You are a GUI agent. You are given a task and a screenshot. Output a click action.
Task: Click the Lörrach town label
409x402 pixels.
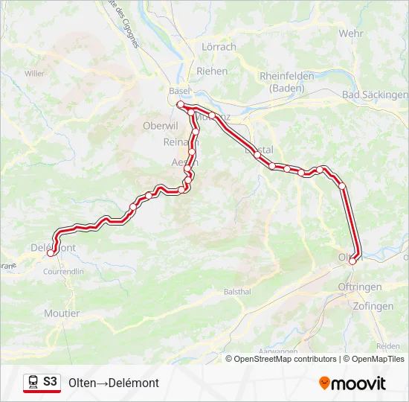tap(219, 47)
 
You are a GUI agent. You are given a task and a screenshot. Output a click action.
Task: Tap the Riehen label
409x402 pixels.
tap(212, 71)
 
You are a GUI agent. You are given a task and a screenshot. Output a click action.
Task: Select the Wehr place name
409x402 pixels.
tap(350, 33)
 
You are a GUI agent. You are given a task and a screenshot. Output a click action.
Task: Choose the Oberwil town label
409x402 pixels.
tap(158, 126)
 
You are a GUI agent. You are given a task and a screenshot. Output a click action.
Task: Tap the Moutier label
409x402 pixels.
tap(62, 313)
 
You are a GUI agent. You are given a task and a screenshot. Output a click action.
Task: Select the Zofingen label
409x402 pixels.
tap(374, 306)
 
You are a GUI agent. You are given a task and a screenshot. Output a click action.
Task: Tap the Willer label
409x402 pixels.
tap(34, 73)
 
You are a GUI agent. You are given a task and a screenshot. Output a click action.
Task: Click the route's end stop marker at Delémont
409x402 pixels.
tap(51, 253)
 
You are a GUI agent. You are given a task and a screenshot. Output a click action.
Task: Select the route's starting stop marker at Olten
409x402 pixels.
tap(352, 261)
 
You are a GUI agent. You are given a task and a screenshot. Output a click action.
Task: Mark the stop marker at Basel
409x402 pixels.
tap(180, 104)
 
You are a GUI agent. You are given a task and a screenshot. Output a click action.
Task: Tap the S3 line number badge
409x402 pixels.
tap(50, 382)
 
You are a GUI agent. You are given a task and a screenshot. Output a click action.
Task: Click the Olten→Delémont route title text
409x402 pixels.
tap(114, 383)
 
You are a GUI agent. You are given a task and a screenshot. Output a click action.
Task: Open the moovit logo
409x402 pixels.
tap(352, 383)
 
